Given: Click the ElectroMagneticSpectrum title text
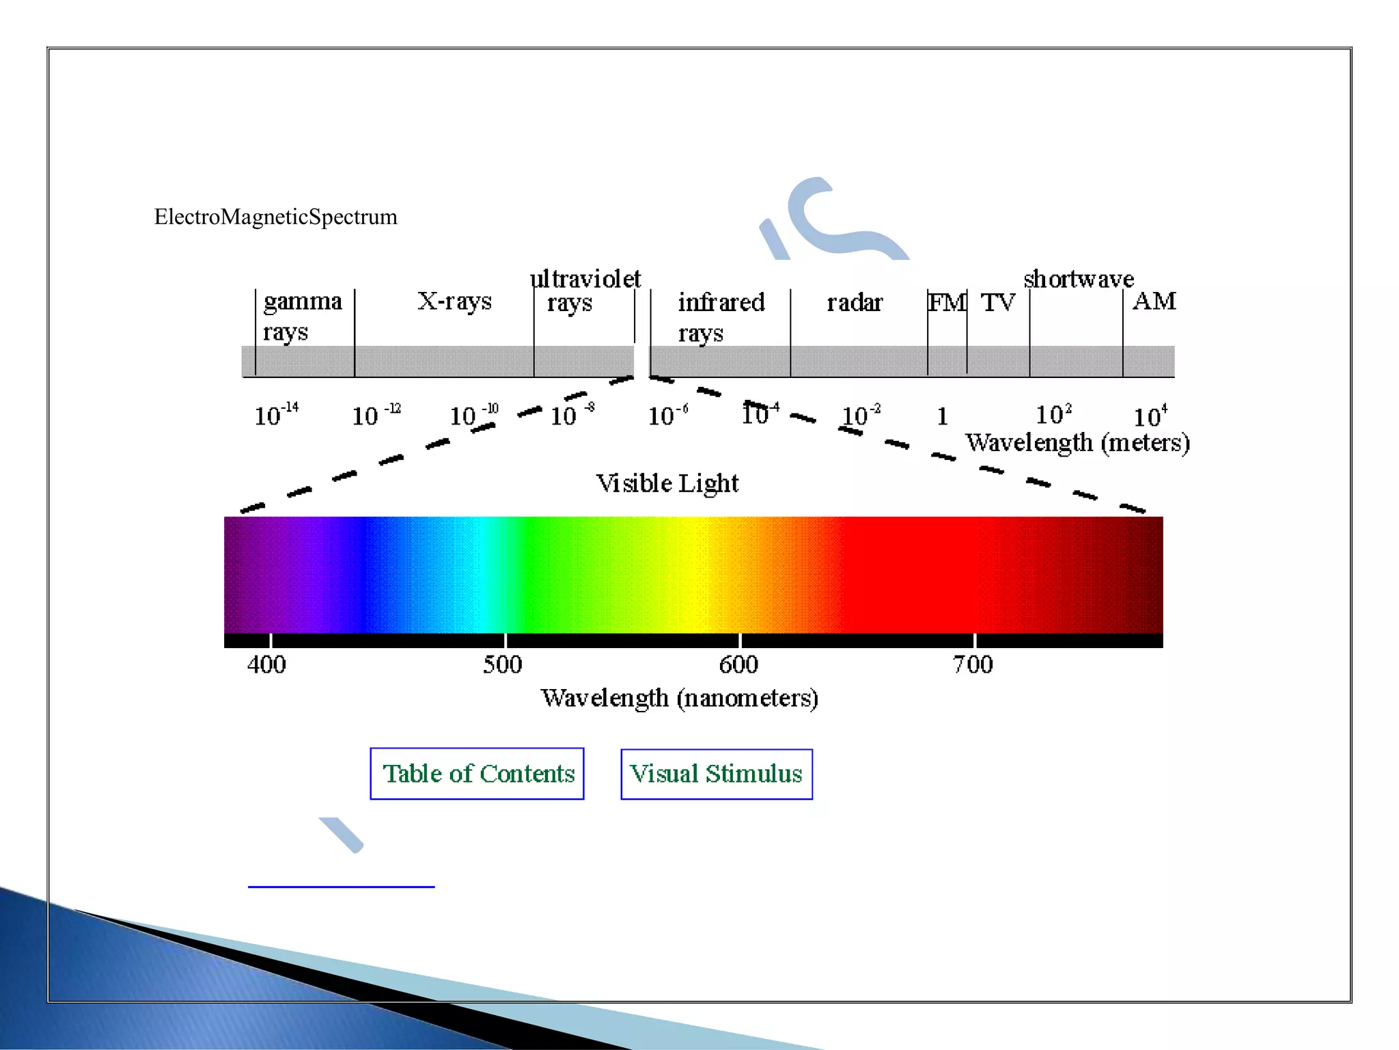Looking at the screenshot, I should click(275, 217).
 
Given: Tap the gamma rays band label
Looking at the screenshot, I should click(302, 316).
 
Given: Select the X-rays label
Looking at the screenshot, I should click(454, 301).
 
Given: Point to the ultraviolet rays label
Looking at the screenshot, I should click(585, 291).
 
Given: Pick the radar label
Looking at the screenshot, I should click(855, 302).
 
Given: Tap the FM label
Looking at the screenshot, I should click(947, 302).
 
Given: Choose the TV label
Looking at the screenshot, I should click(998, 302).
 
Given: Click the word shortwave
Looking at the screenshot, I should click(1079, 279).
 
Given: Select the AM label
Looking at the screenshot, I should click(1154, 301).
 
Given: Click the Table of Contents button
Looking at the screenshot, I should click(477, 774).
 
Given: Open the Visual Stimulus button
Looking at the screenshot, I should click(716, 774).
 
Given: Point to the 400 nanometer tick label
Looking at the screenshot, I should click(266, 664).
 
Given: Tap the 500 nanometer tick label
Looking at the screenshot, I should click(502, 664).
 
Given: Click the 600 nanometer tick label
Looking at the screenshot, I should click(738, 664).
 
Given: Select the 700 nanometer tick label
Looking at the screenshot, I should click(973, 664).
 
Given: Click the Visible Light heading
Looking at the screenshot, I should click(667, 483).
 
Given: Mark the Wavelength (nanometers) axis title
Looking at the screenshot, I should click(680, 698).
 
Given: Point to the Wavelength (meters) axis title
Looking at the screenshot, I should click(1077, 443).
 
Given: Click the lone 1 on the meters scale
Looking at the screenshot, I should click(942, 416).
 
